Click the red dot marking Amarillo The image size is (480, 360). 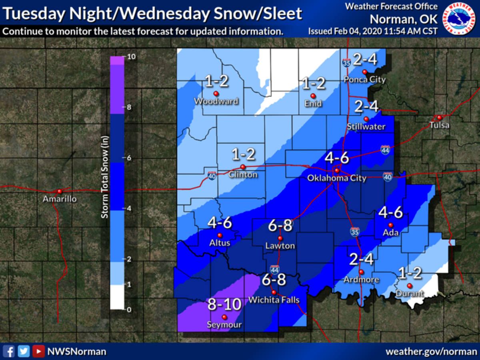tap(60, 192)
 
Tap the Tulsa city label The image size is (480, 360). tap(439, 125)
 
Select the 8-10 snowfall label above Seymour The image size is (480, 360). tap(224, 305)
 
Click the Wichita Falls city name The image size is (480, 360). tap(274, 300)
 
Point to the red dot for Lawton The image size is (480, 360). tap(280, 238)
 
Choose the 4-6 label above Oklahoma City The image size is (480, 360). tap(337, 158)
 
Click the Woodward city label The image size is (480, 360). tap(216, 101)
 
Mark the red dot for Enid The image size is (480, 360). tap(313, 96)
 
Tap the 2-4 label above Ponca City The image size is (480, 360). tap(365, 60)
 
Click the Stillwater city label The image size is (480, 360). tap(366, 127)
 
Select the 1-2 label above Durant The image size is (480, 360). tap(410, 273)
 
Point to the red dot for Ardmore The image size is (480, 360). tap(361, 272)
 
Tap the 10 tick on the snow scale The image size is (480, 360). tap(131, 57)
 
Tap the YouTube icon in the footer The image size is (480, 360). tap(38, 352)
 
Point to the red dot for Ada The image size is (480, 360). tap(391, 225)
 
